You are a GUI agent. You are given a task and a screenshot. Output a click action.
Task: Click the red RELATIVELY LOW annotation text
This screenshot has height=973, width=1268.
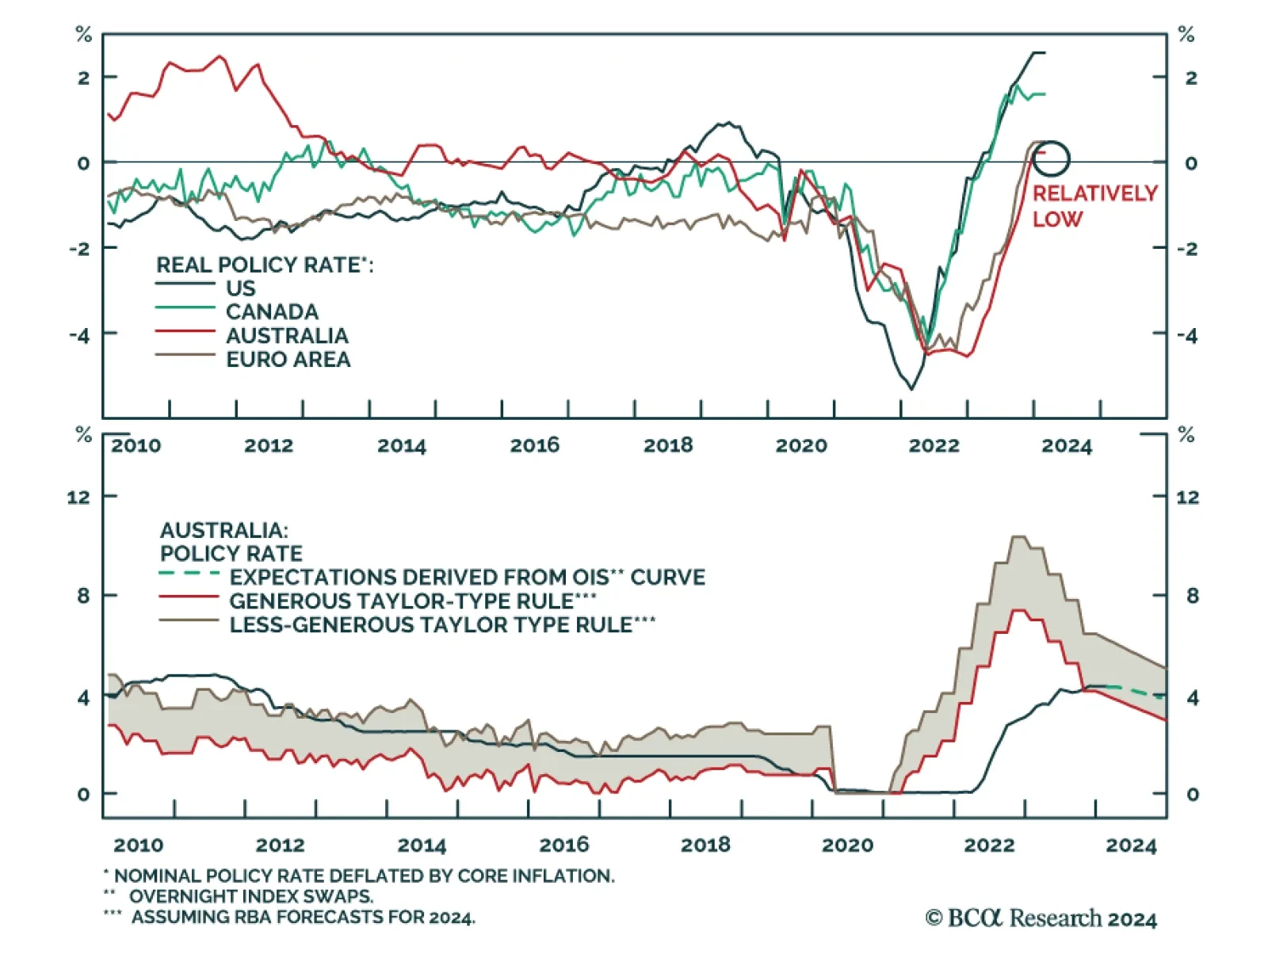(x=1094, y=206)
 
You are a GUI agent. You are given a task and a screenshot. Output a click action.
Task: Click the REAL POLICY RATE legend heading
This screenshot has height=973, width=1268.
(x=264, y=265)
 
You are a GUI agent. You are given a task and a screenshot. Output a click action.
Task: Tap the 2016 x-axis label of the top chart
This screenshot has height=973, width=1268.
(x=534, y=445)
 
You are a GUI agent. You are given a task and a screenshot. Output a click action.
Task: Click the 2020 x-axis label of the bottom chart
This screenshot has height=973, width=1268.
(x=847, y=845)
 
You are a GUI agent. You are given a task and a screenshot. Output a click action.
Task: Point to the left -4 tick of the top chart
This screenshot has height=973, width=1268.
(x=78, y=335)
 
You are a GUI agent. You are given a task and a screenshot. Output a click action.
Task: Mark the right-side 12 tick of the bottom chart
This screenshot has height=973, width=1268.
(x=1187, y=498)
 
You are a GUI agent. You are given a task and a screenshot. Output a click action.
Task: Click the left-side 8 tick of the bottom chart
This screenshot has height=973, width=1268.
(x=83, y=596)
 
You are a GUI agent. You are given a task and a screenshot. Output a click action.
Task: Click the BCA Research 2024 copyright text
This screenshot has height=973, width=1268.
(x=1041, y=918)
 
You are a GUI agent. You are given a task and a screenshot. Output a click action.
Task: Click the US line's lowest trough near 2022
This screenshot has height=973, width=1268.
(x=911, y=388)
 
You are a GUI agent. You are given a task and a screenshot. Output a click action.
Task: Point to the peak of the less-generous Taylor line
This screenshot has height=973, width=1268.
(x=1019, y=537)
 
